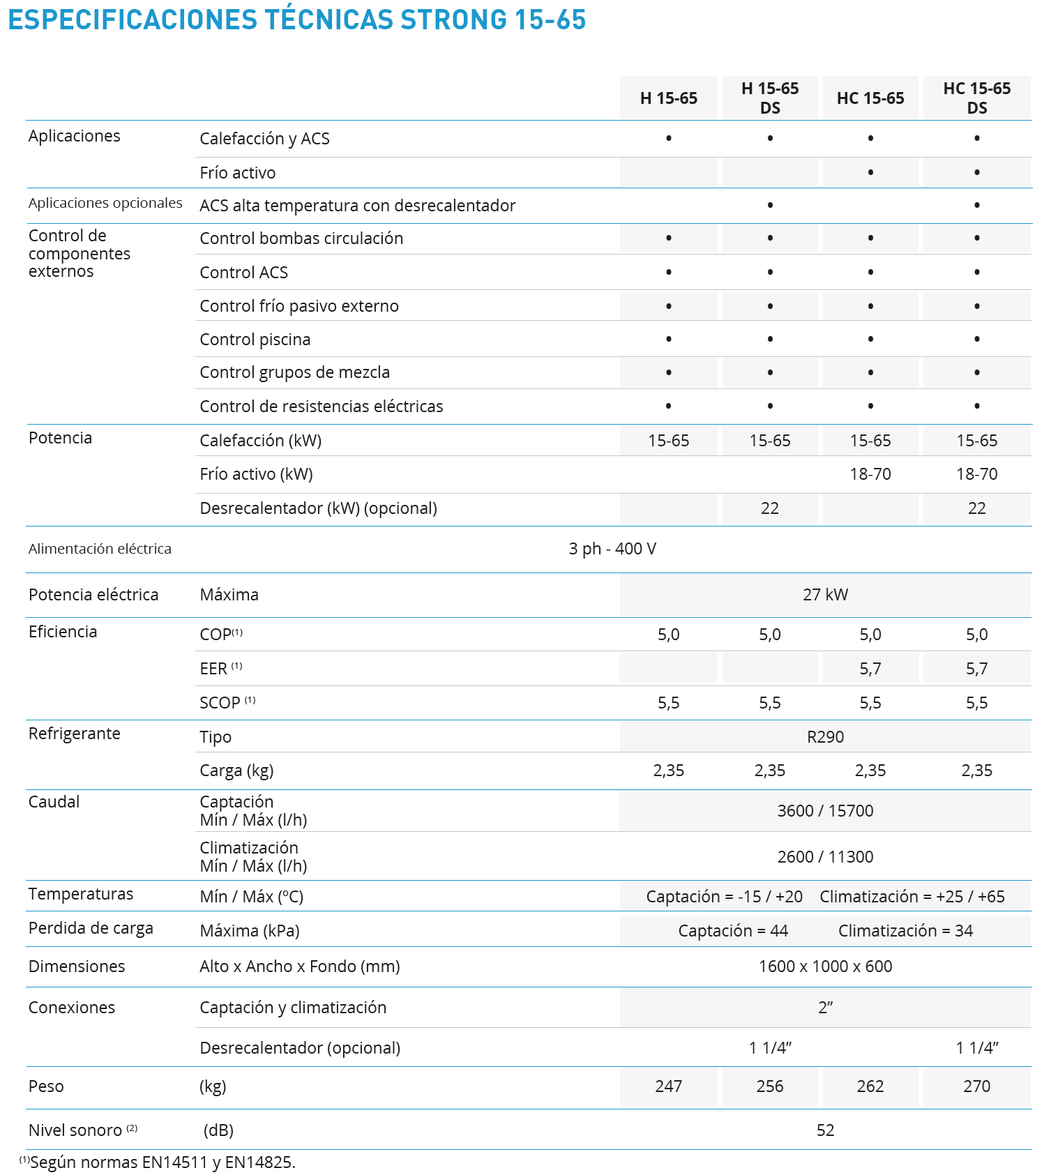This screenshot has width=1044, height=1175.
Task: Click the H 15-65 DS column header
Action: [x=770, y=98]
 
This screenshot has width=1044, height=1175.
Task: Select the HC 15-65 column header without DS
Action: [x=870, y=98]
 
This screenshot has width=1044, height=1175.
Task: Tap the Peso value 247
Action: [x=668, y=1086]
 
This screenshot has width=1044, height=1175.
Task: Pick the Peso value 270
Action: [x=976, y=1086]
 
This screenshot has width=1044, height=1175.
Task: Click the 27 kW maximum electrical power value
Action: [x=825, y=595]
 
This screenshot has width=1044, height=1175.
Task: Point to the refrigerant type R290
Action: [x=825, y=737]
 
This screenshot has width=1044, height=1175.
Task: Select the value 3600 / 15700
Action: [x=825, y=811]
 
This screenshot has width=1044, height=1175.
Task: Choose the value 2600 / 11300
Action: [x=825, y=857]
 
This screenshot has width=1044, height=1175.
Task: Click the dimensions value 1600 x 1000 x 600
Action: [x=825, y=966]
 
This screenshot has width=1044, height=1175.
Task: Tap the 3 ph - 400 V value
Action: [x=612, y=549]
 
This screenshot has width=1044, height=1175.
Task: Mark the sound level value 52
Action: [x=825, y=1130]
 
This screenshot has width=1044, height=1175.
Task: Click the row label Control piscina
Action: [x=255, y=340]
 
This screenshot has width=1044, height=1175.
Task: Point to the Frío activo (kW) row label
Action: [x=256, y=474]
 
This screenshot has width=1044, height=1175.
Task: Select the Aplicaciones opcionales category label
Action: [x=105, y=203]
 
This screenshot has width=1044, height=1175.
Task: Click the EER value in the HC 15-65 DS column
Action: [x=976, y=669]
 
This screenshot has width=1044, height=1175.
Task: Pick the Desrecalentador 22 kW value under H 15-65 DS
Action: [x=770, y=508]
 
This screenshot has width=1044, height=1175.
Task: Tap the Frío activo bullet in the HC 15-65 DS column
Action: [x=976, y=172]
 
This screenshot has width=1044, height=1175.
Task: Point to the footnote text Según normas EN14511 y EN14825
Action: [x=162, y=1162]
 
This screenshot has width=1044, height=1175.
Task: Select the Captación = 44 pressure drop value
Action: [x=733, y=931]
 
